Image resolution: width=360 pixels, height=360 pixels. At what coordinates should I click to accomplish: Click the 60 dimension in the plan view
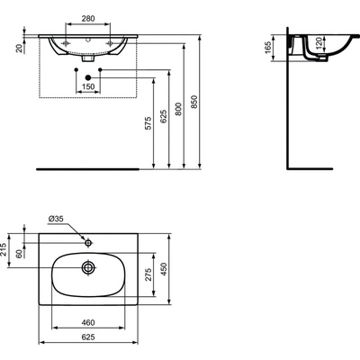tap(21, 255)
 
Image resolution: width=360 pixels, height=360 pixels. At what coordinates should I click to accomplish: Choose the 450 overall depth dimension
tap(162, 269)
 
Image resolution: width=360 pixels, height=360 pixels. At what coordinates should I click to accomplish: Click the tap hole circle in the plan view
tap(87, 242)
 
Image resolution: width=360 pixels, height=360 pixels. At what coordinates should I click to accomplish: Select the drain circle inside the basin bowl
tap(87, 267)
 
